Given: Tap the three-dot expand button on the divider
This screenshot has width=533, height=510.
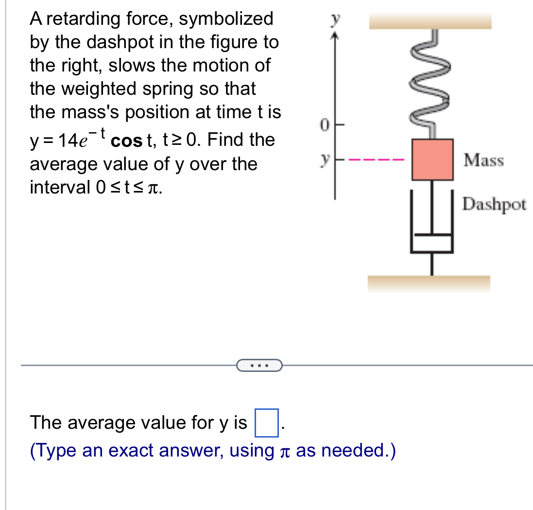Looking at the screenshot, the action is coord(259,365).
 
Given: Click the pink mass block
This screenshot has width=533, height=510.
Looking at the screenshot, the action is coord(432,159).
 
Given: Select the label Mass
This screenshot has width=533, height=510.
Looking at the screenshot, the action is coord(483,159).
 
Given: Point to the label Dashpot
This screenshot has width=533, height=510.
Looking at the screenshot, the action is coord(494,205).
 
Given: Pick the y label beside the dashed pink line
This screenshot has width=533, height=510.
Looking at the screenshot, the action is coord(323,159).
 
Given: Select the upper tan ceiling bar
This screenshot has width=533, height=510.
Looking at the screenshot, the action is coord(430,21).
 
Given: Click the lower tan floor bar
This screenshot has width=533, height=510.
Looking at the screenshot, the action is coord(429,282).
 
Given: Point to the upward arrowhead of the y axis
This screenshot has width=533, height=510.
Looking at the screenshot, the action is coord(334,35).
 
